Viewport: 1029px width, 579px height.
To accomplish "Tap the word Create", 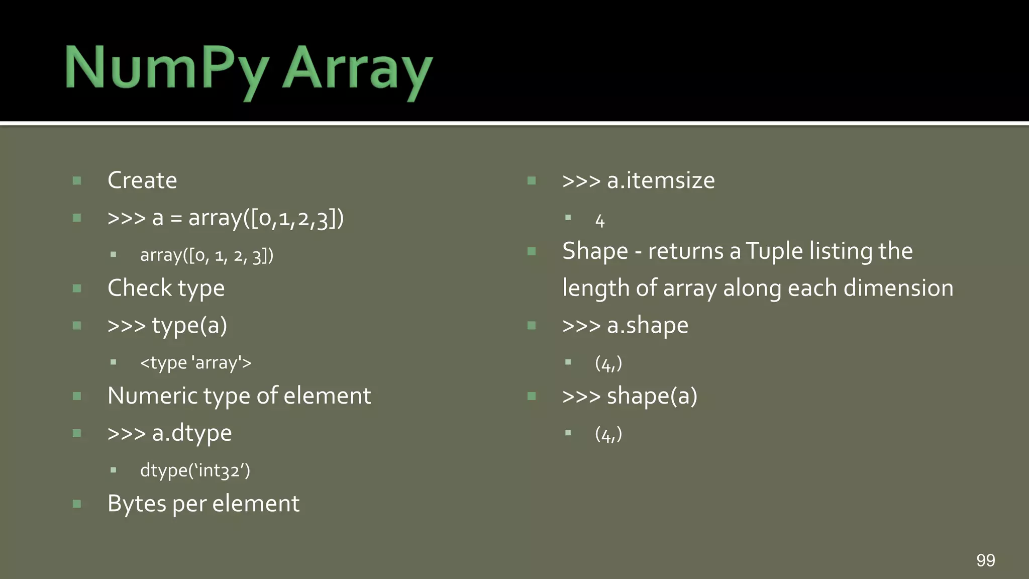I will click(x=142, y=180).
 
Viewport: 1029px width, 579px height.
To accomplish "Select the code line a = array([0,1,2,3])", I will click(x=226, y=218).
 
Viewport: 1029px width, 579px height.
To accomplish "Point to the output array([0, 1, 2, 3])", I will click(x=207, y=255).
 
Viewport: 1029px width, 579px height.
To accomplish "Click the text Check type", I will click(x=166, y=288).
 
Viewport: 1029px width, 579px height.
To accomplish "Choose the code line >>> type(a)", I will click(x=167, y=326).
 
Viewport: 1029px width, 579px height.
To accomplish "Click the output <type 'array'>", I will click(x=195, y=362).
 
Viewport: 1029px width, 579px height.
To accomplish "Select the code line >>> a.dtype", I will click(x=170, y=433).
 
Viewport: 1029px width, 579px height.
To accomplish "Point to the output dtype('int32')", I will click(x=195, y=470).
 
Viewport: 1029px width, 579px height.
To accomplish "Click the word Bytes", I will click(x=136, y=504).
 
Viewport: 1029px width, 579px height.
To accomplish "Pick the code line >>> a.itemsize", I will click(x=638, y=180).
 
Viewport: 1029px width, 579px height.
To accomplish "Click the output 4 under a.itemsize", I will click(x=600, y=221).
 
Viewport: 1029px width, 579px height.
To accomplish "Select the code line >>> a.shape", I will click(x=625, y=326).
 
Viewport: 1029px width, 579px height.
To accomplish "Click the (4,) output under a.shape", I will click(x=608, y=363).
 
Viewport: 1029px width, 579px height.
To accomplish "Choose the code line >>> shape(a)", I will click(x=630, y=396).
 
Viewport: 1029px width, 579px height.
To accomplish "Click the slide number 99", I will click(x=985, y=560).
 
